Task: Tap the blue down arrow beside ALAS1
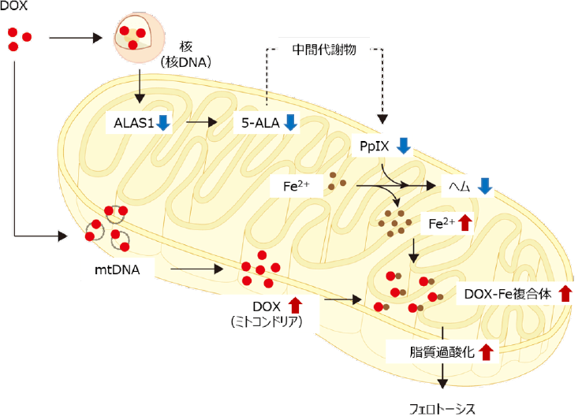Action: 163,123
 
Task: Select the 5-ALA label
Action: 259,123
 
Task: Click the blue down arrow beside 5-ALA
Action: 289,123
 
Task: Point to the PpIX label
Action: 371,146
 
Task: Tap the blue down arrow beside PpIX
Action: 403,146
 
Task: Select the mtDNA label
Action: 116,269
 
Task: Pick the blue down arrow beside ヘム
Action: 485,186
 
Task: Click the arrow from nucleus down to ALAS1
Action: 140,86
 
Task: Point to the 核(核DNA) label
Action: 185,55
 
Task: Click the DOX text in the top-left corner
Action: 13,6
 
